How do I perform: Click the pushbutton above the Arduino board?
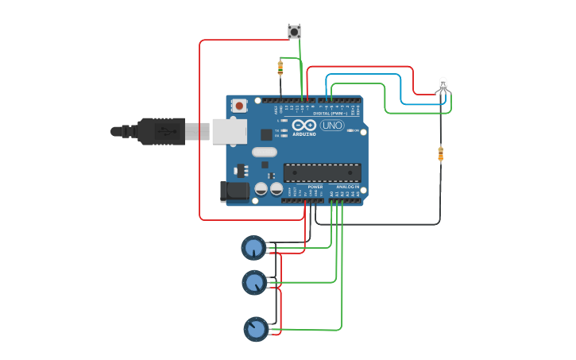294,32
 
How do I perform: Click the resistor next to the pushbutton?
280,68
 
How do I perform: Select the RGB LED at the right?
443,83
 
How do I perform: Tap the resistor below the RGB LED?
441,153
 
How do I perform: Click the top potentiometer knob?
253,248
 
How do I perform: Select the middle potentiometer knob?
253,282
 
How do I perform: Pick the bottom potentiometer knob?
256,328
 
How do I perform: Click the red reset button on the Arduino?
239,105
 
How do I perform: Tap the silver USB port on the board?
230,131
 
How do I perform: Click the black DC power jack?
231,191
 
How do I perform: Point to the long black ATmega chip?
322,172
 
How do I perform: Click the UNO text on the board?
332,126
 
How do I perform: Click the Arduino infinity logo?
304,126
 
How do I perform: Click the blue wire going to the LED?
373,75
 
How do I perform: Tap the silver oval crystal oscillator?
264,152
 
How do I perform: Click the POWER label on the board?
315,187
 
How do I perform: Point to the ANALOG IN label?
346,187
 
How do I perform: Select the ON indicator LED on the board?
353,130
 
